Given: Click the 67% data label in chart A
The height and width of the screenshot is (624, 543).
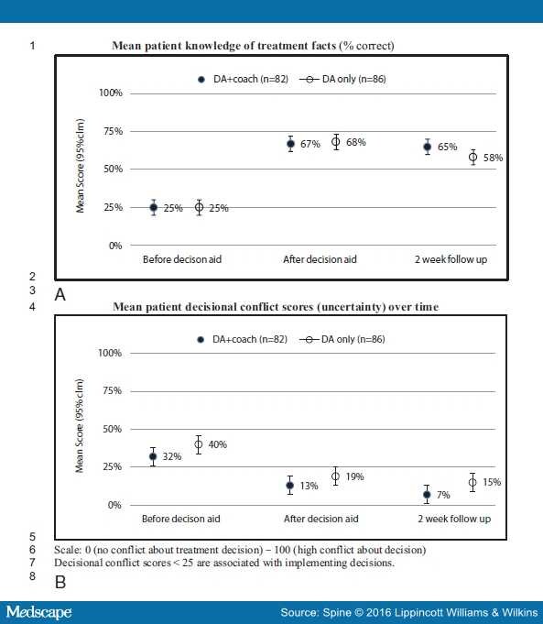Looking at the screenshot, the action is pyautogui.click(x=310, y=144).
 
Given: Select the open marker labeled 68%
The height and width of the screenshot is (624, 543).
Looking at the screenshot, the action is pyautogui.click(x=336, y=142).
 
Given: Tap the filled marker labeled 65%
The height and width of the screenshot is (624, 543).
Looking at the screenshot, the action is pyautogui.click(x=428, y=147).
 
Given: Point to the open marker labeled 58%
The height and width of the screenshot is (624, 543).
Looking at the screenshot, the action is pyautogui.click(x=473, y=157).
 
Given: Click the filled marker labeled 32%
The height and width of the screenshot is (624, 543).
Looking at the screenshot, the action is pyautogui.click(x=153, y=456).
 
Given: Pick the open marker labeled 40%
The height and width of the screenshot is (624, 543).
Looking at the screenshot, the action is pyautogui.click(x=199, y=444).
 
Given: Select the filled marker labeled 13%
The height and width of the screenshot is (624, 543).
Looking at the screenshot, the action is pyautogui.click(x=290, y=486).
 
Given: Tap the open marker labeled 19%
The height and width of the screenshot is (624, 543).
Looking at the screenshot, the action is pyautogui.click(x=335, y=476).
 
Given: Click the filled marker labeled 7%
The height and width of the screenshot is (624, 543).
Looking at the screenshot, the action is pyautogui.click(x=427, y=495).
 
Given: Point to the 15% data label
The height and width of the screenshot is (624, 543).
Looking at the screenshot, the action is pyautogui.click(x=492, y=482).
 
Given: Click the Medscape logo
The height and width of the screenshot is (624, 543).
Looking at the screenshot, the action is pyautogui.click(x=39, y=612).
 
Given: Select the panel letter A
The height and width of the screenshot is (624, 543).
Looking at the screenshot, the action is pyautogui.click(x=60, y=295).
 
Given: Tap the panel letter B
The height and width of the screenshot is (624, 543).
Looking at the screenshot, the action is pyautogui.click(x=60, y=582).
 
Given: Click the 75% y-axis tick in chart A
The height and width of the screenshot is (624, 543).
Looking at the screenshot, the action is pyautogui.click(x=114, y=131).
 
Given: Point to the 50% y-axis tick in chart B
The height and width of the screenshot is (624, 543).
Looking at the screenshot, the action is pyautogui.click(x=113, y=429).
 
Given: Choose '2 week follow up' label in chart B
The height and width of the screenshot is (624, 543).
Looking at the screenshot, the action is pyautogui.click(x=454, y=519).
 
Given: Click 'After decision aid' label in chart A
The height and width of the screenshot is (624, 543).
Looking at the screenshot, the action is pyautogui.click(x=320, y=259).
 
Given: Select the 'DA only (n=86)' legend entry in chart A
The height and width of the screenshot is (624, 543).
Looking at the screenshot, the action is pyautogui.click(x=342, y=79).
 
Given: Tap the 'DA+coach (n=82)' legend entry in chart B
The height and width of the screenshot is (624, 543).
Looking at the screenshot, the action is pyautogui.click(x=243, y=339).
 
